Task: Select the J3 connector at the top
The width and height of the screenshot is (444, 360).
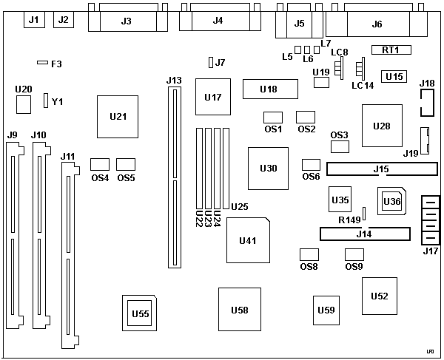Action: click(x=126, y=20)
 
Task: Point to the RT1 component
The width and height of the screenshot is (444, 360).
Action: click(x=391, y=50)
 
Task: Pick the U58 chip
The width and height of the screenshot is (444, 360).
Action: click(x=240, y=310)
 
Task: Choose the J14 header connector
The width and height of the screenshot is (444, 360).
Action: click(x=364, y=234)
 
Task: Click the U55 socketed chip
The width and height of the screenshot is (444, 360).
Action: click(x=140, y=313)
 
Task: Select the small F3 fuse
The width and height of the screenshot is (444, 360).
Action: click(x=43, y=64)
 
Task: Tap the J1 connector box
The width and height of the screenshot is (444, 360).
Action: click(x=33, y=20)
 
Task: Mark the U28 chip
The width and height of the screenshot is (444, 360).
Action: click(x=382, y=126)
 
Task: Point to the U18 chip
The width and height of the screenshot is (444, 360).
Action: click(x=269, y=89)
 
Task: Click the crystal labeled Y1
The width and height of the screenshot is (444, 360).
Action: click(x=46, y=101)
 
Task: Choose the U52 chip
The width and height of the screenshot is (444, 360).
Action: click(x=379, y=296)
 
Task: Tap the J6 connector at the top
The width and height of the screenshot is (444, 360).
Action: click(x=377, y=24)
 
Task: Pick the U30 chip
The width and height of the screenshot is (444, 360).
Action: click(x=269, y=169)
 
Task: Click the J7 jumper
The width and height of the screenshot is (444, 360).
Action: click(x=211, y=62)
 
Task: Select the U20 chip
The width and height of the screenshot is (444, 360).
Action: click(x=24, y=104)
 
